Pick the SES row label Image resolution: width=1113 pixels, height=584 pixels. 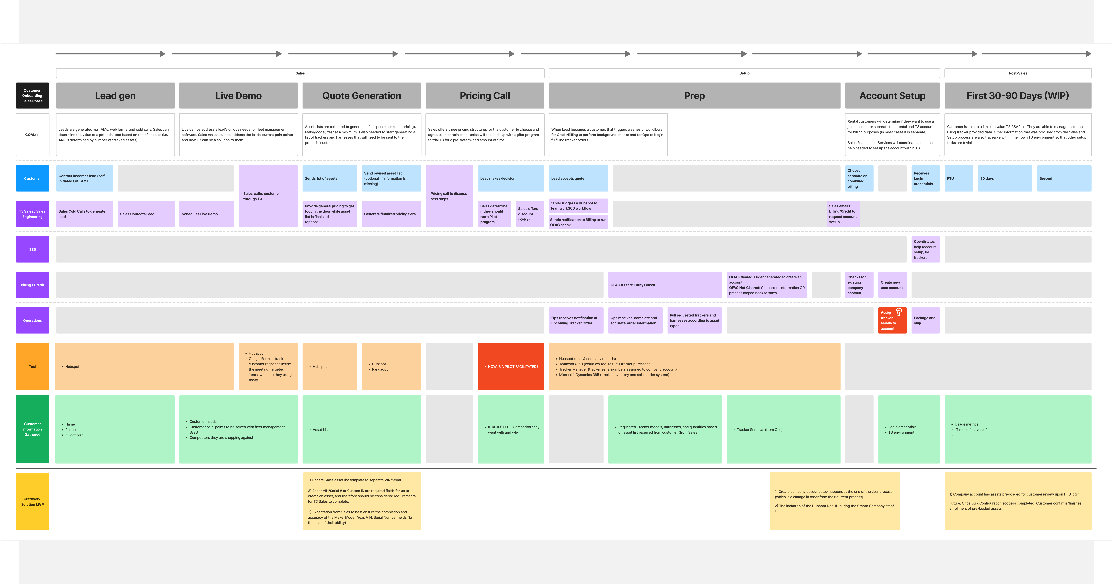tap(32, 249)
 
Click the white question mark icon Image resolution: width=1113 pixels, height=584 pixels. tap(899, 312)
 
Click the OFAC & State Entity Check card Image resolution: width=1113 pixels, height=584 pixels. tap(665, 285)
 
